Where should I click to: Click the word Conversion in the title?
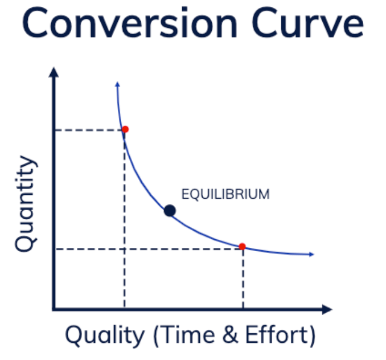point(130,23)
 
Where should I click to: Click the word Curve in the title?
point(307,23)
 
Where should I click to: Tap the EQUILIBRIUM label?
point(225,194)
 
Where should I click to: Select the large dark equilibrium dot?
point(170,211)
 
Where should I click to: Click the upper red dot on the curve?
point(125,129)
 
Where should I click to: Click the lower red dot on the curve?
point(242,246)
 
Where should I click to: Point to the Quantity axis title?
point(26,203)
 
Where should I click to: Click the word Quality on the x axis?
point(105,335)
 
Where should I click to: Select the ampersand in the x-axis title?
point(231,334)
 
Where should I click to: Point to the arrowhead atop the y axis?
point(54,72)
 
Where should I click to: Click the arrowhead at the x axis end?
point(327,309)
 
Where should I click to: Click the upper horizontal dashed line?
point(89,130)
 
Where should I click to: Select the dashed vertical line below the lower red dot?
point(243,279)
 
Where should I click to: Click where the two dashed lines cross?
point(125,249)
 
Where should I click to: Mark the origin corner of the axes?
point(54,309)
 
